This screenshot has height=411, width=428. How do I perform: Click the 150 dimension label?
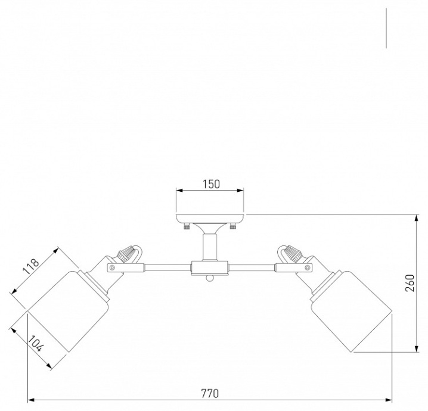(x=211, y=184)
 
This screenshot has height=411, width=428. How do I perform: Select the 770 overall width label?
(x=210, y=394)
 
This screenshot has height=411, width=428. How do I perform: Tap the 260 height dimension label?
(x=410, y=283)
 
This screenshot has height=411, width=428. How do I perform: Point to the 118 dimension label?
(x=31, y=266)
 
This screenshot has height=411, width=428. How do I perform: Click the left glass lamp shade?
(x=68, y=311)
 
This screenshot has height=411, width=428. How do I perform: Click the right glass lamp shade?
(x=352, y=311)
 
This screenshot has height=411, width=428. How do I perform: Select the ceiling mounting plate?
(x=210, y=219)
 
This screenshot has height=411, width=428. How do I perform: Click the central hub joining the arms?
(x=210, y=268)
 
